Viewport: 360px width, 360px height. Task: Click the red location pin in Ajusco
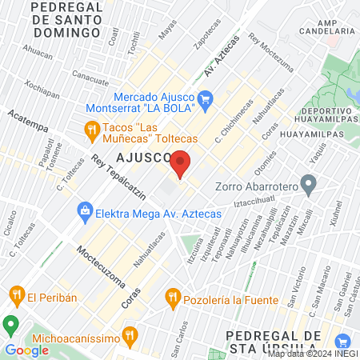(180, 163)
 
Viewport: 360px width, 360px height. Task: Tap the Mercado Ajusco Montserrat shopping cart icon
(206, 99)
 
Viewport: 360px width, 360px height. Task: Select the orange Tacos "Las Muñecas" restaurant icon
(93, 129)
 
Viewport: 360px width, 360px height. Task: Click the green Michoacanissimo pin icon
(11, 326)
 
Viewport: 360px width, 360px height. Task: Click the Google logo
(27, 350)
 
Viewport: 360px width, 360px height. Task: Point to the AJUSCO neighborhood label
(139, 157)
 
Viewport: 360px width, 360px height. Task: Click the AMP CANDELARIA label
(326, 26)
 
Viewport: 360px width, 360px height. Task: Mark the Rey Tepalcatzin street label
(120, 178)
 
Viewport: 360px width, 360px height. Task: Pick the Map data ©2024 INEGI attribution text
(312, 353)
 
